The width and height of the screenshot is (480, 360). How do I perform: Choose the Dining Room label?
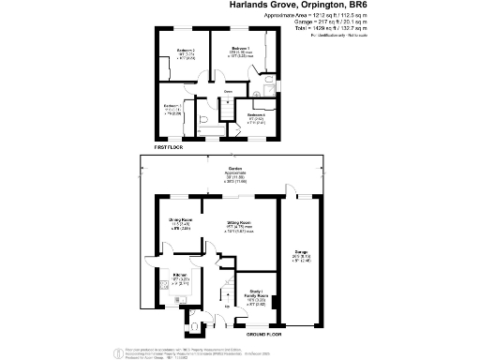182,219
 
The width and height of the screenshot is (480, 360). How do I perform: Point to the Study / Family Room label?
255,292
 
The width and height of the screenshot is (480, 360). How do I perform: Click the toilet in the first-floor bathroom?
203,120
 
